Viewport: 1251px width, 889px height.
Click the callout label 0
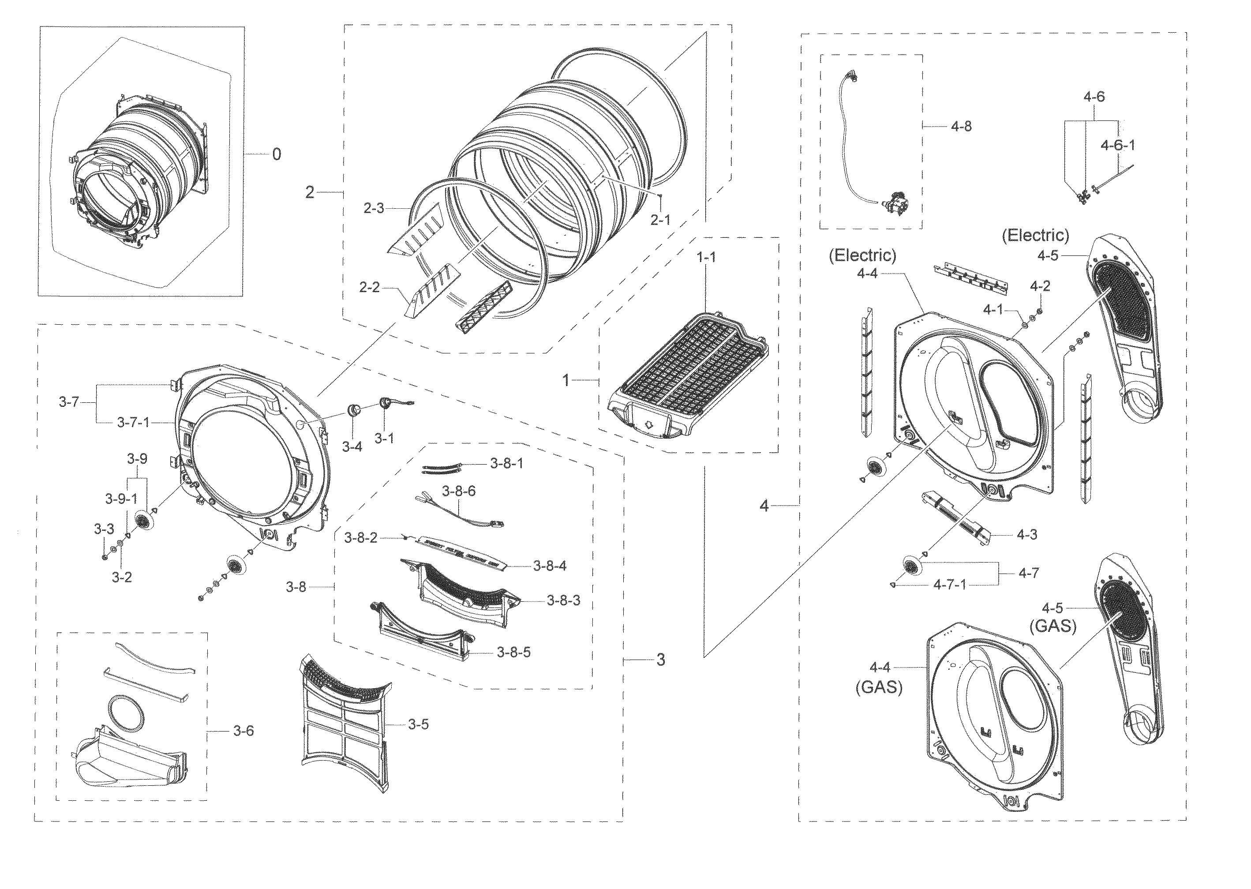(277, 154)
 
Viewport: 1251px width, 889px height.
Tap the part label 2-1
(660, 220)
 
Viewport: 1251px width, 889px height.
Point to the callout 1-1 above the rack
(706, 257)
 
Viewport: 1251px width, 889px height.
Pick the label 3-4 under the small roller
(352, 446)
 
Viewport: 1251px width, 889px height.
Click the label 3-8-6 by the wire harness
(459, 491)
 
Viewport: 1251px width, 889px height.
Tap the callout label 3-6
(243, 730)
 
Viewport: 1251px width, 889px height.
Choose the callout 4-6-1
(1117, 145)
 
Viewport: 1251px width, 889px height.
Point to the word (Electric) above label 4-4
(862, 255)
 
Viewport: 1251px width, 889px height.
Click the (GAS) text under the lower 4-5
(1053, 626)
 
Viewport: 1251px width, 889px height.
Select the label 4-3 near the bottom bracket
(1026, 534)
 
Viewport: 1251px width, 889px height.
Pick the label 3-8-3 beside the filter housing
(563, 600)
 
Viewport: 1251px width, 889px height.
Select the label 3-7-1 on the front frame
(133, 423)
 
